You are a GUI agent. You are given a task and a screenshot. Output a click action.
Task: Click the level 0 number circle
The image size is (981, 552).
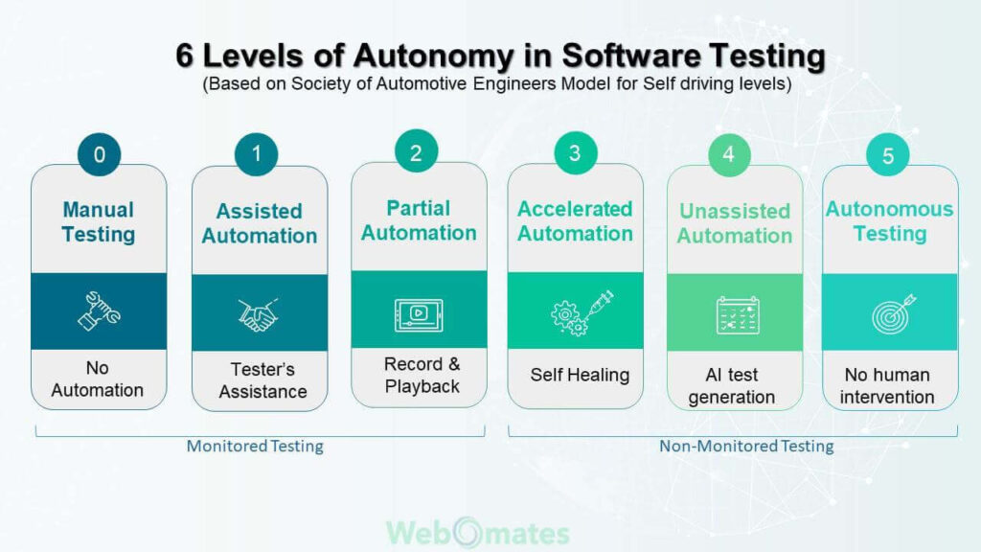point(99,154)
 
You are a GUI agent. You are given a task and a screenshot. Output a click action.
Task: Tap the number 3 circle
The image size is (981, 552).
point(576,152)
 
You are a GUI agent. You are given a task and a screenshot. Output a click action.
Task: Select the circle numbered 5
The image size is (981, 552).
point(888,154)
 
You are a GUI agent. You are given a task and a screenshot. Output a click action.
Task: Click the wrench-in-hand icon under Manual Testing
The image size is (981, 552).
point(99,311)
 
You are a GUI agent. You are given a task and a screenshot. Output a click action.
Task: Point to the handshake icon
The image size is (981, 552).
point(258,314)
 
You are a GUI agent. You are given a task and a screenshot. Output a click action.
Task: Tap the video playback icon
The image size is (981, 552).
point(419,314)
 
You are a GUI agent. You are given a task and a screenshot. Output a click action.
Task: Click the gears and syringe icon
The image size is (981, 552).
point(582,313)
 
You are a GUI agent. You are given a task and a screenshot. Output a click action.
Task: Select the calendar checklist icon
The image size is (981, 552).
point(738,314)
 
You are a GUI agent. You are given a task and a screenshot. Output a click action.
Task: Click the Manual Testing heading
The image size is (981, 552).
point(99,221)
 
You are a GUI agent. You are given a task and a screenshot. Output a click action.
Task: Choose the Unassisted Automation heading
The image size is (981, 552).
point(735,223)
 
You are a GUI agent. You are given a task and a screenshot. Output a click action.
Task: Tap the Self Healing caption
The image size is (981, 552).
point(580,375)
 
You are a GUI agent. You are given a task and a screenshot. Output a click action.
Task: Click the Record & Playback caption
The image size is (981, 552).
point(422,375)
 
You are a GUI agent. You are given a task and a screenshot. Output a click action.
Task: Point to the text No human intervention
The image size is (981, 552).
point(887,385)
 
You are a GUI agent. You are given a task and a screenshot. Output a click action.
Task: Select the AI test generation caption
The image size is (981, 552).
point(731,385)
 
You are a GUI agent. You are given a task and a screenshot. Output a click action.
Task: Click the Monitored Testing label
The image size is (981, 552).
point(255,446)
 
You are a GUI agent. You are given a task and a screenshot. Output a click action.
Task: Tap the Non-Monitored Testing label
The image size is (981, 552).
point(746,446)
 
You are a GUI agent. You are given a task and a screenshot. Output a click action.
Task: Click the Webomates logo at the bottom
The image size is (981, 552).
point(478,533)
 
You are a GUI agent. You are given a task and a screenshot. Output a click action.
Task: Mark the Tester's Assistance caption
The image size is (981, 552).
point(262,379)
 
